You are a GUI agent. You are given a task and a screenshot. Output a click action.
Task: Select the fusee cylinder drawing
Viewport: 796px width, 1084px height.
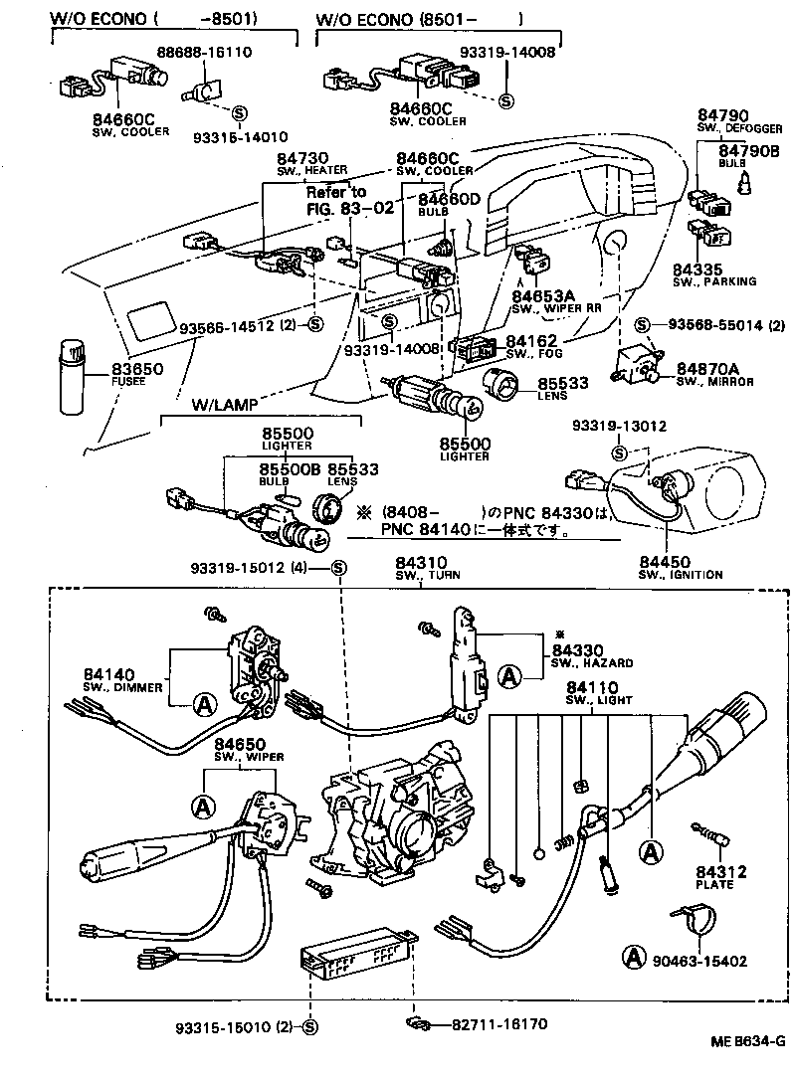74,377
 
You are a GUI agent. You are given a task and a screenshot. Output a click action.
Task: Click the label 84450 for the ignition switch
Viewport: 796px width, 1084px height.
666,562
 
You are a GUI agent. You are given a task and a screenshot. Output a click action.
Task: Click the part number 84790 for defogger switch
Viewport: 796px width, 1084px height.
722,115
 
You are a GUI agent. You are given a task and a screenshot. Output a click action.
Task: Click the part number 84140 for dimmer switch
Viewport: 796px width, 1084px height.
111,673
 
